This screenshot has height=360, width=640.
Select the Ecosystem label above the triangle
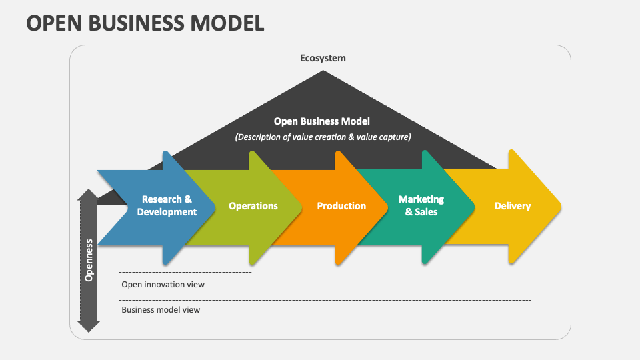pos(323,59)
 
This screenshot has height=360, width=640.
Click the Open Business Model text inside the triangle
pos(321,121)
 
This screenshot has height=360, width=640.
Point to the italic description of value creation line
pos(323,137)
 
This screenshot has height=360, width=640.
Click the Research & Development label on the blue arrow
pos(167,205)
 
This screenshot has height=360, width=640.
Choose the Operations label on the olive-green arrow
pos(253,206)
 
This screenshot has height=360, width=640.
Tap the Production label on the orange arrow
pos(341,206)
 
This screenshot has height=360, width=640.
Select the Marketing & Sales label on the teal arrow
pos(421,205)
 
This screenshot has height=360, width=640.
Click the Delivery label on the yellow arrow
pos(512,206)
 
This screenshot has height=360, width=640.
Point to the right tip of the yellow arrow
pos(561,207)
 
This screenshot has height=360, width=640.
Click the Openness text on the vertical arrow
pos(89,261)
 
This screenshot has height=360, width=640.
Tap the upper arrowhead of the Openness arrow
pos(88,194)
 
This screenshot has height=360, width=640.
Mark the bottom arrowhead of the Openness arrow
pos(89,327)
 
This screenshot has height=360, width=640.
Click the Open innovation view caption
pos(163,285)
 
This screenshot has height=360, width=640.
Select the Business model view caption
pos(161,310)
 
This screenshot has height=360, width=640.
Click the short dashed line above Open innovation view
pos(185,272)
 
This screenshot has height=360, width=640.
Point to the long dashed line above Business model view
pos(325,301)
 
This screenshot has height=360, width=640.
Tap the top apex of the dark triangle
pos(323,71)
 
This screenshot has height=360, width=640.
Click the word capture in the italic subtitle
pos(395,137)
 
